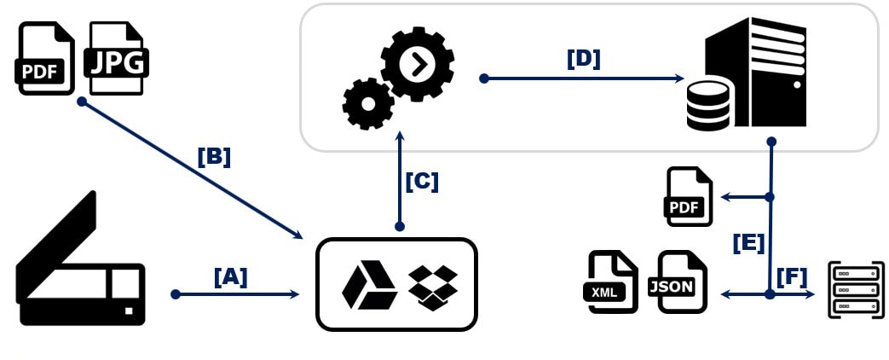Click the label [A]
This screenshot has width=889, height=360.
click(x=231, y=277)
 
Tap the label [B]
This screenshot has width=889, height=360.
click(x=214, y=157)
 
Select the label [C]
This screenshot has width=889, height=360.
click(x=423, y=182)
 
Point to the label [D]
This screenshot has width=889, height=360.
click(x=583, y=59)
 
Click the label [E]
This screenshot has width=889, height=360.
click(x=749, y=243)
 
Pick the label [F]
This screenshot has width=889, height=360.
click(x=792, y=277)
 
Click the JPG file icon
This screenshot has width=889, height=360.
click(x=116, y=58)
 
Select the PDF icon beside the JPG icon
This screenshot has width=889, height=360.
click(x=44, y=58)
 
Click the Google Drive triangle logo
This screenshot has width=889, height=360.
click(x=369, y=286)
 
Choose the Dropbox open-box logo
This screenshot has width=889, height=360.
click(x=433, y=287)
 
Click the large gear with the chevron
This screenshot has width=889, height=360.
click(x=418, y=66)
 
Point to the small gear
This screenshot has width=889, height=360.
click(x=368, y=104)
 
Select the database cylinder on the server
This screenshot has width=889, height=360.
click(x=707, y=106)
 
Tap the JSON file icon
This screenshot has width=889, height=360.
click(x=678, y=282)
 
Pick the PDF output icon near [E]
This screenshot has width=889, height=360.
click(x=689, y=196)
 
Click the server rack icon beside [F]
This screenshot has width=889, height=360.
click(x=856, y=289)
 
